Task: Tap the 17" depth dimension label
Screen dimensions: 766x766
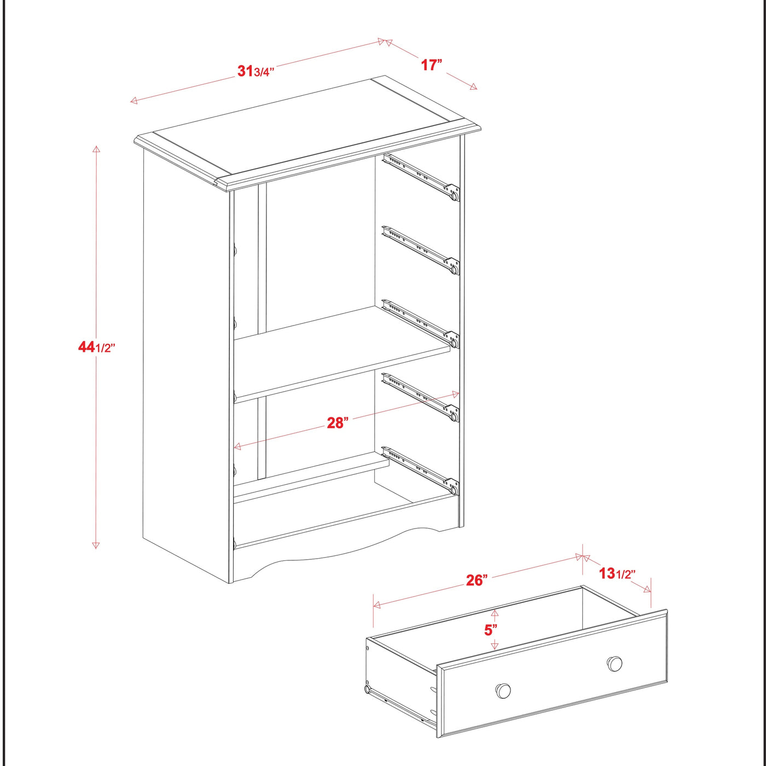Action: click(x=431, y=65)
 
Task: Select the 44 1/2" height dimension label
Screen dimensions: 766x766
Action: click(x=96, y=347)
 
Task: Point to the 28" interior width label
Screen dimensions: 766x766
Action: click(x=337, y=422)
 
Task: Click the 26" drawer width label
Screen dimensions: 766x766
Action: click(x=477, y=580)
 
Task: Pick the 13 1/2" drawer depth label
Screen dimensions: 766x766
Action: click(x=617, y=573)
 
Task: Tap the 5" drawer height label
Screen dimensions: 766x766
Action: click(x=491, y=630)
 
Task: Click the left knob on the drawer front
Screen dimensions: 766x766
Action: click(x=503, y=690)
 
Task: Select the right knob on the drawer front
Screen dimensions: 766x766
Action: click(x=615, y=664)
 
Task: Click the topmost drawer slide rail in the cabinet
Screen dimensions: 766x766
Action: click(x=420, y=176)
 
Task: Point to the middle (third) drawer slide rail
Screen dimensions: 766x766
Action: click(x=420, y=323)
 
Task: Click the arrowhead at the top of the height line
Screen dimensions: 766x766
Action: click(x=96, y=149)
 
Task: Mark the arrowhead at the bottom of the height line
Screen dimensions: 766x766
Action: click(x=96, y=544)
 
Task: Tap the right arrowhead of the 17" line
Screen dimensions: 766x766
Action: click(x=473, y=86)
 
